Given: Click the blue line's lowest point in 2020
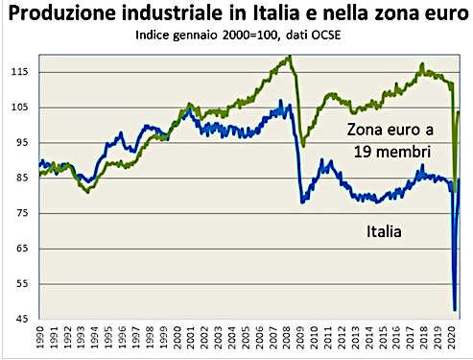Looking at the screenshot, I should pyautogui.click(x=453, y=309).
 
